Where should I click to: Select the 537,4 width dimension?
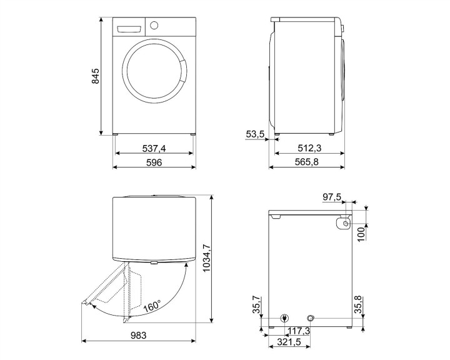[x=154, y=148]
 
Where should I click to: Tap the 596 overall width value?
[x=154, y=162]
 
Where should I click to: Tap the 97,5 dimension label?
[x=332, y=197]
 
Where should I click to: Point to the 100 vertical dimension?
[x=360, y=233]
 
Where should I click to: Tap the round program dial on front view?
[x=154, y=26]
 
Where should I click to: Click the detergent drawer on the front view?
[x=129, y=28]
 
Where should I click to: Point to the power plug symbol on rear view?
[x=285, y=317]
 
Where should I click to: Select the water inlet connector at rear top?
[x=342, y=223]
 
